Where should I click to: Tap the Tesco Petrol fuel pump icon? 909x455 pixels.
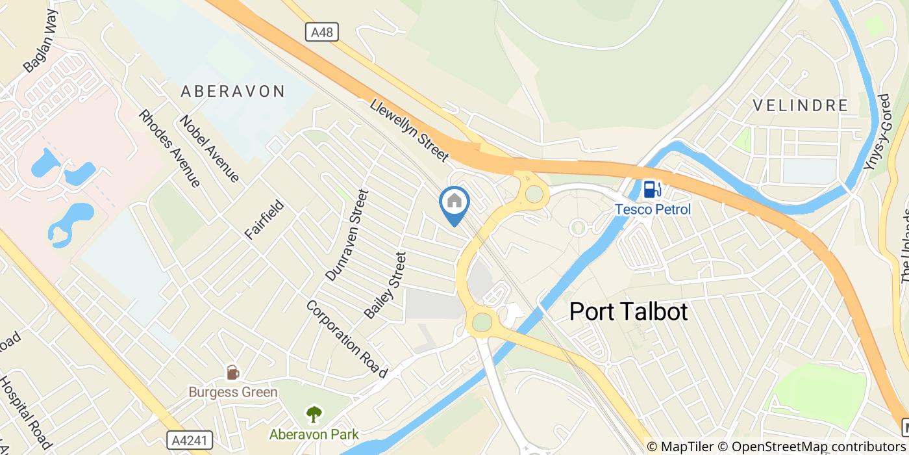coord(651,189)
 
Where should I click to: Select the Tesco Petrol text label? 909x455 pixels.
coord(653,209)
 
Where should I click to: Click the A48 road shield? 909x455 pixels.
coord(321,32)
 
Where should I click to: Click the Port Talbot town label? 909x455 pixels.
coord(628,311)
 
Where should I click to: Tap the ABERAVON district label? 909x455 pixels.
coord(232,91)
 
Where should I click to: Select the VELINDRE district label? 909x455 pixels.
coord(800,105)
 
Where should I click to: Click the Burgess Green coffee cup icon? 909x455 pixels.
coord(232,372)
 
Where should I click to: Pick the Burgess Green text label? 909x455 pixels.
coord(233,392)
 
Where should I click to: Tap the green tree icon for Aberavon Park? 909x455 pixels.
coord(314,413)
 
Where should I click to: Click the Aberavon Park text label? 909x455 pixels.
coord(314,434)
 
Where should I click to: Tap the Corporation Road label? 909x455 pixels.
coord(347,339)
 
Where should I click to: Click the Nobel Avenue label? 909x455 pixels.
coord(210,148)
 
